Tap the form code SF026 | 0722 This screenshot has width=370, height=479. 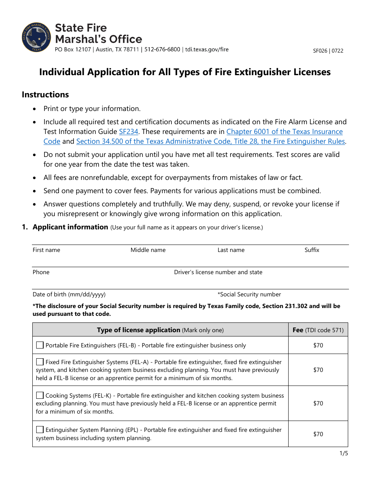click(x=328, y=51)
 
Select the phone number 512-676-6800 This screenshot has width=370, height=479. click(x=162, y=49)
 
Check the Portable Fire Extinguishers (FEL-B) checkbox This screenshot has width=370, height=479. click(x=40, y=345)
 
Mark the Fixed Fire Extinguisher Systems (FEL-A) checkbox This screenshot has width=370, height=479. click(x=40, y=362)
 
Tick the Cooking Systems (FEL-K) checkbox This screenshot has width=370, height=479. click(x=40, y=395)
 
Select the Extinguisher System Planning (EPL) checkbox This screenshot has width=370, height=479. click(x=40, y=430)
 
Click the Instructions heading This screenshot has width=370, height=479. click(x=45, y=95)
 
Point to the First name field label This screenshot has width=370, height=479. click(x=46, y=250)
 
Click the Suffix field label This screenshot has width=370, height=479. click(x=312, y=250)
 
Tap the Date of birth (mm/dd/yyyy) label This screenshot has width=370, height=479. click(x=69, y=294)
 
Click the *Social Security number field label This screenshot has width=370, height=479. click(x=249, y=294)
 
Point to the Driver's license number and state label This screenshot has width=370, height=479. click(x=218, y=272)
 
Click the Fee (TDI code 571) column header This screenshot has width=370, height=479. click(x=318, y=330)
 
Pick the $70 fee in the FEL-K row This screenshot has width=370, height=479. click(x=318, y=403)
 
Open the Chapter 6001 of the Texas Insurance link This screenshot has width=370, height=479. click(x=284, y=132)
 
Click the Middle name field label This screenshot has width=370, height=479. click(x=148, y=250)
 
